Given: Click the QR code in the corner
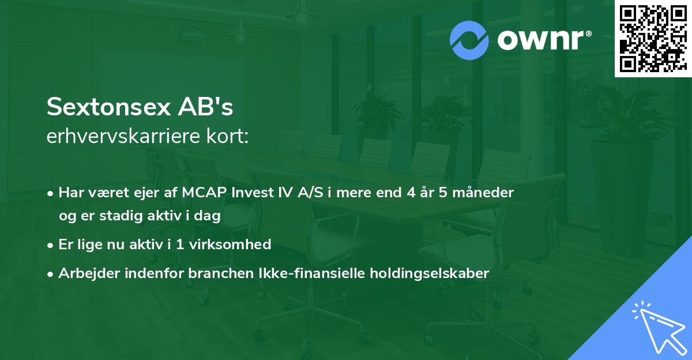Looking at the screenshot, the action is tap(653, 39).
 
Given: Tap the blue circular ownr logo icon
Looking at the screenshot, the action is tap(469, 40).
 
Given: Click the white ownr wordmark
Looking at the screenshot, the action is tap(544, 40).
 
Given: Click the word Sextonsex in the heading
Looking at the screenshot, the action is tap(108, 107).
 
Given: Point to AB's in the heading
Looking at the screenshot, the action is tap(205, 107).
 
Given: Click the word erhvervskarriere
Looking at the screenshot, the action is tap(123, 136).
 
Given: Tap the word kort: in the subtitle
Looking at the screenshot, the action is tap(227, 136).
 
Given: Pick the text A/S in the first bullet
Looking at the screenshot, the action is tap(310, 193).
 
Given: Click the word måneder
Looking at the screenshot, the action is tap(483, 193).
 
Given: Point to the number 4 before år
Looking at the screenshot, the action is tap(411, 193).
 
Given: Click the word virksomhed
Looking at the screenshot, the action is tap(230, 244).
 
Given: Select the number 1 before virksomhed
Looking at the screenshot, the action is tap(179, 245).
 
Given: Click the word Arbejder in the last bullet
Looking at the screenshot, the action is tap(89, 273).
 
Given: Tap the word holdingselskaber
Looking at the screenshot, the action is tap(430, 273).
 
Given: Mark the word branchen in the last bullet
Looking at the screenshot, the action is tap(221, 273).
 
